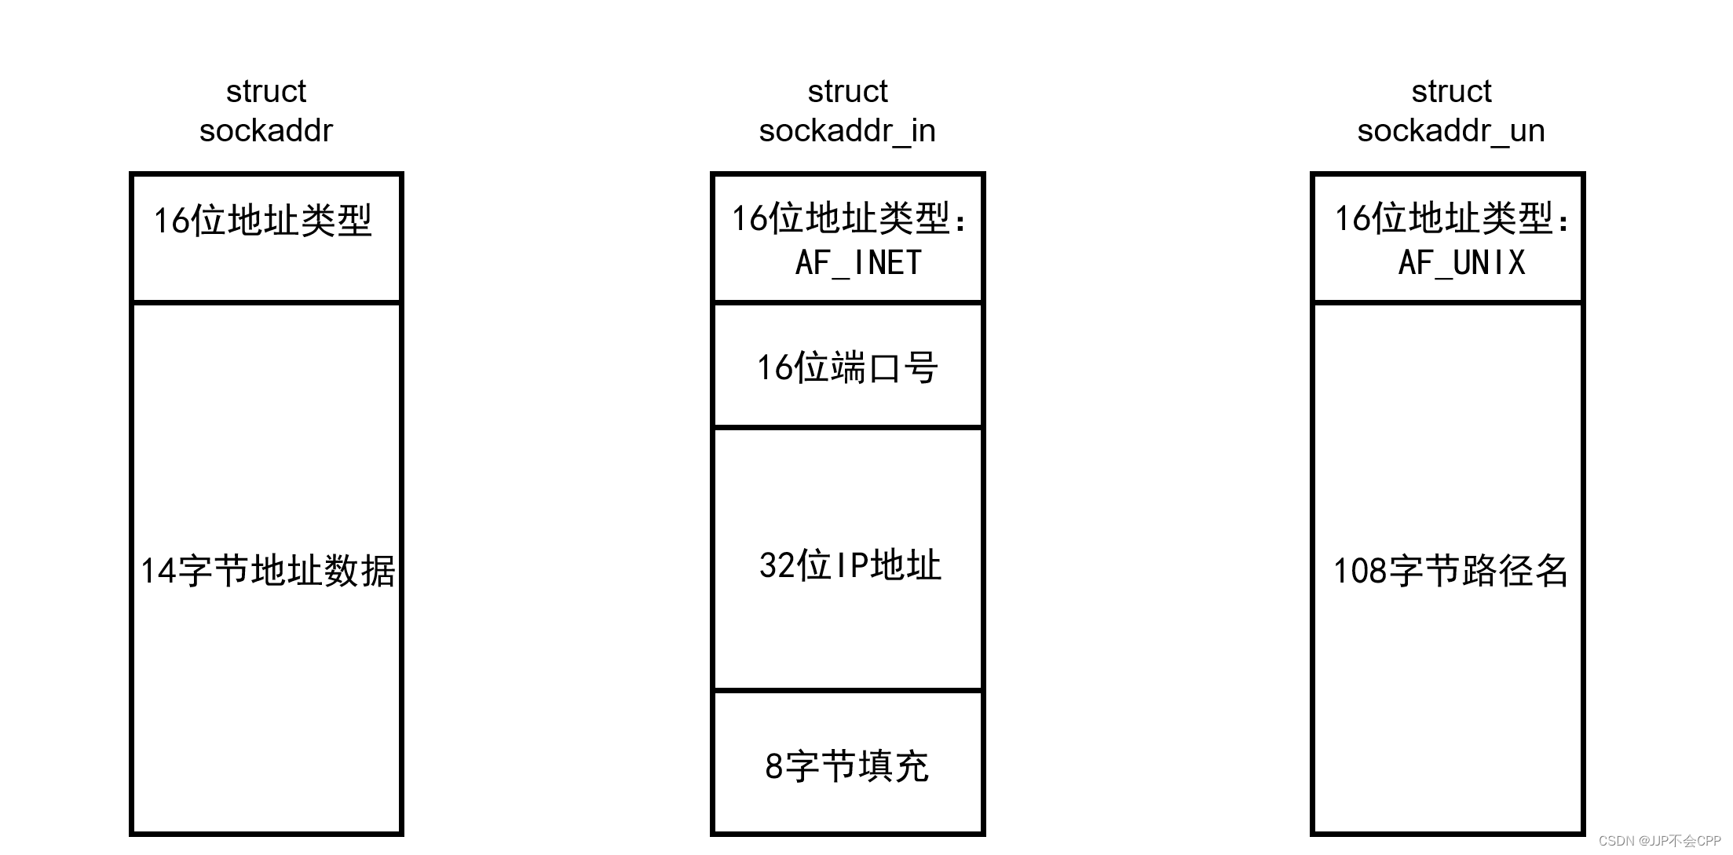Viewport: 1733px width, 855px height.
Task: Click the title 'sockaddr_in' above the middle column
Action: [x=847, y=131]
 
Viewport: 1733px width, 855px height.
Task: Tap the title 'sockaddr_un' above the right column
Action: [x=1450, y=131]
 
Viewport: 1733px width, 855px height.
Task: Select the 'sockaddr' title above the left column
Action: [x=266, y=131]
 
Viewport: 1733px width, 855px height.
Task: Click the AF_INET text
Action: [x=858, y=263]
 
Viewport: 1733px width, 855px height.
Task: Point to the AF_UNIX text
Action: [x=1461, y=263]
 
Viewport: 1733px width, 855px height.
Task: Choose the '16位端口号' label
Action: [x=847, y=367]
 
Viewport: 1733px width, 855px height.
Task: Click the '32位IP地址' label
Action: [x=850, y=565]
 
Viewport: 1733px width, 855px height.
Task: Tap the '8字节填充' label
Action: [x=846, y=766]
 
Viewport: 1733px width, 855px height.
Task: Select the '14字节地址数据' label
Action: [x=267, y=571]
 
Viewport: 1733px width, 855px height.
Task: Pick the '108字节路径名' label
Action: [x=1450, y=571]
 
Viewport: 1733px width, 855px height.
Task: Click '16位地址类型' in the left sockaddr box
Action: [x=262, y=221]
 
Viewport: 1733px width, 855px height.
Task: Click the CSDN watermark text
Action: [x=1659, y=841]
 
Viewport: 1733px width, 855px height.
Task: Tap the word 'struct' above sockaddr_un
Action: [x=1451, y=92]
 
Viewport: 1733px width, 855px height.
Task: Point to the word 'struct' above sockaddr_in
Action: [x=847, y=92]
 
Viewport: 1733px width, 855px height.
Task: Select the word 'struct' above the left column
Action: [x=266, y=92]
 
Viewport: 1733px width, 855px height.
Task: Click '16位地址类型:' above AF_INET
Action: [x=850, y=218]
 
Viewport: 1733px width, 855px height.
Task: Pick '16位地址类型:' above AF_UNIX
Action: [x=1453, y=218]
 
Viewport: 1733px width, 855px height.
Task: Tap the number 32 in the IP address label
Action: [x=776, y=566]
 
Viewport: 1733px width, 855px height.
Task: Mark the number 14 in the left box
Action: [x=158, y=572]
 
